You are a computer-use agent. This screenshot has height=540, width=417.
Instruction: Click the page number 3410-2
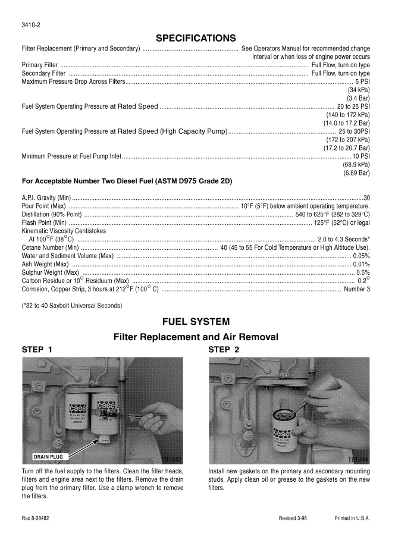(x=32, y=24)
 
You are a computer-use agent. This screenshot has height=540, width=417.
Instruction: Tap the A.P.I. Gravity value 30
(x=366, y=197)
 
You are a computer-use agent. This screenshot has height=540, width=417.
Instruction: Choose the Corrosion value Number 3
(x=357, y=289)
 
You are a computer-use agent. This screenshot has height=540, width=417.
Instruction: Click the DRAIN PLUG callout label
(x=50, y=457)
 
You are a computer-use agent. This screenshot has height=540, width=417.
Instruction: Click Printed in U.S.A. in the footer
(x=352, y=518)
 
